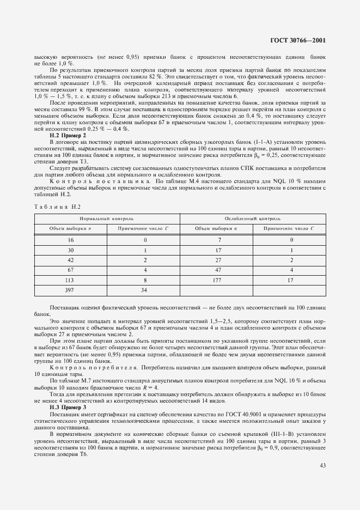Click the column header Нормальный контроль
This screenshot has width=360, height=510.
tap(107, 218)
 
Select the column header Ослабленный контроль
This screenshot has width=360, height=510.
tap(253, 218)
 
